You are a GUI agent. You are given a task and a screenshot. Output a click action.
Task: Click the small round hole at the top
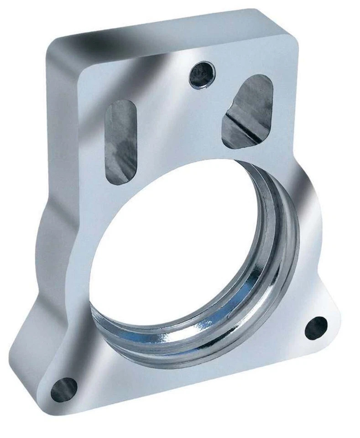(x=202, y=74)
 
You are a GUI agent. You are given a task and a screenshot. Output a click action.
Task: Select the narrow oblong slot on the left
(x=120, y=141)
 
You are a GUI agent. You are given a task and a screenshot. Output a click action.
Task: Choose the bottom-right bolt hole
(x=316, y=328)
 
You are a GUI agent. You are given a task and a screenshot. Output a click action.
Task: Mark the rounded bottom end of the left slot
(x=120, y=179)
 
